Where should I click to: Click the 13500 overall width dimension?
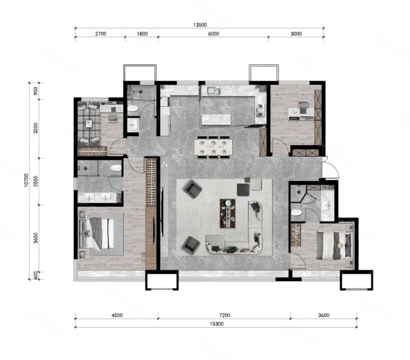(200, 25)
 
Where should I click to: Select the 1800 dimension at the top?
(142, 34)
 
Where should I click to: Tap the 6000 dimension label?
(214, 34)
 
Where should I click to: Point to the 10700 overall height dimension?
(26, 180)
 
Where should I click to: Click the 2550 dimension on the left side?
(36, 181)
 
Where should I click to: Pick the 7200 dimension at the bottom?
(225, 315)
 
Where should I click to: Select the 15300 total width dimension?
(217, 324)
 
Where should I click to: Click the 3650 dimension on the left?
(36, 238)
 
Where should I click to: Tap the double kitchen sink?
(214, 91)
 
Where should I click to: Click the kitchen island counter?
(216, 119)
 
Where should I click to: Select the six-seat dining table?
(213, 147)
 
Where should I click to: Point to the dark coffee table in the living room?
(228, 214)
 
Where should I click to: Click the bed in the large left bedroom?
(97, 233)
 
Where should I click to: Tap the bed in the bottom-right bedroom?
(334, 246)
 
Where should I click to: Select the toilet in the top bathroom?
(133, 108)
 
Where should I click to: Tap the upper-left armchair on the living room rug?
(193, 189)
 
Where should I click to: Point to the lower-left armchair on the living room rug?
(191, 245)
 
